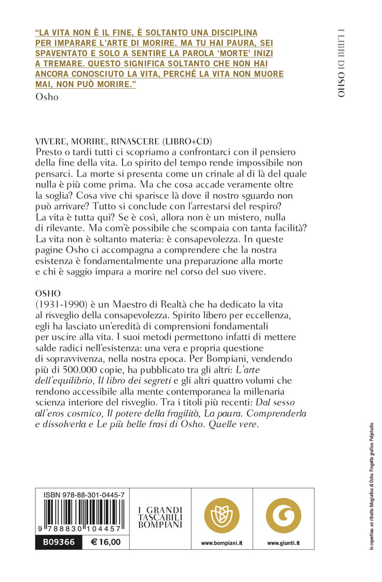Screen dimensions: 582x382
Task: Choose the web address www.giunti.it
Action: coord(283,543)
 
